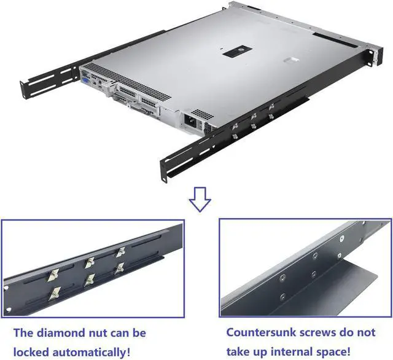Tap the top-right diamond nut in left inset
point(120,252)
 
